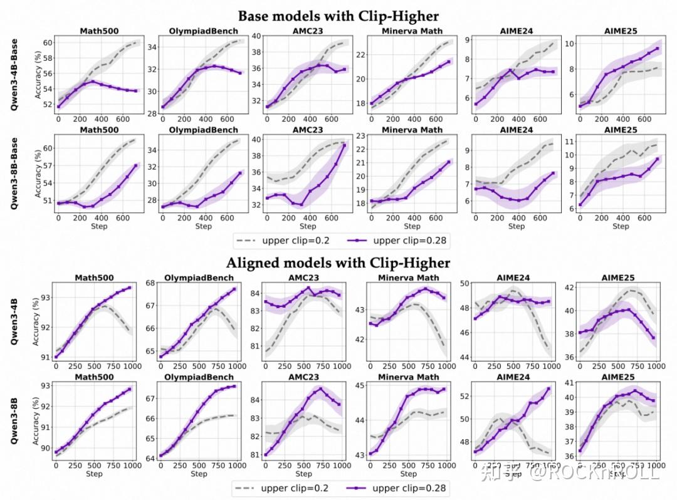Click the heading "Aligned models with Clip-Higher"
(338, 262)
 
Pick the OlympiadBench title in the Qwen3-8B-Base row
(203, 130)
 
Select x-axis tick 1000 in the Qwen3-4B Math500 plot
(130, 365)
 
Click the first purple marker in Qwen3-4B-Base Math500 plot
(58, 107)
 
